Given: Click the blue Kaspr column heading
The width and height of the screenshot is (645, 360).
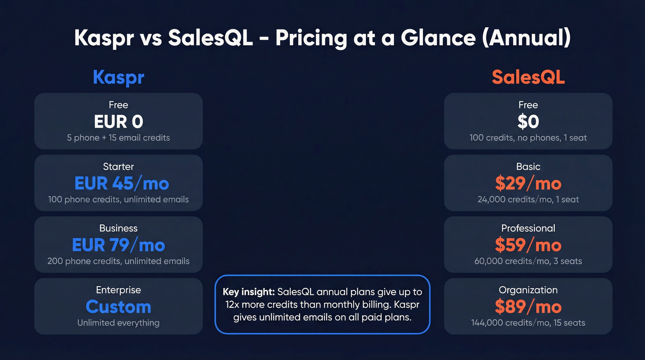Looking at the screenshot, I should coord(118,77).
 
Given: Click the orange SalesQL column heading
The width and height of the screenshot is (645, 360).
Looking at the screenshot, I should coord(528,77).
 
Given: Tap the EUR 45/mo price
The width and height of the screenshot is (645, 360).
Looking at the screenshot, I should coord(122,183).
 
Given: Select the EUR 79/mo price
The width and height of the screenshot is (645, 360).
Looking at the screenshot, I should coord(118,245).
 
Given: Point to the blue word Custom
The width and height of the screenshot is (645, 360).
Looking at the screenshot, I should coord(118,307).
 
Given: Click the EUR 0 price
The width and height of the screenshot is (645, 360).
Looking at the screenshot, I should coord(118,122).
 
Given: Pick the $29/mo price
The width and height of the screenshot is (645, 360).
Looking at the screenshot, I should coord(528,183).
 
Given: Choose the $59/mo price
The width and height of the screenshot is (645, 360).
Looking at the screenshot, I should coord(528,245).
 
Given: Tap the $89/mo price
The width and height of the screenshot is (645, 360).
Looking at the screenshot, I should coord(528,307).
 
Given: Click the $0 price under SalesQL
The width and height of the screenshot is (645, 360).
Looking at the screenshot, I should coord(528,122).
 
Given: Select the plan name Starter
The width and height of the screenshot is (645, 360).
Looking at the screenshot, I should coord(118,166).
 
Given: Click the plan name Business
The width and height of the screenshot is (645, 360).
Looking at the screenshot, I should coord(118,228).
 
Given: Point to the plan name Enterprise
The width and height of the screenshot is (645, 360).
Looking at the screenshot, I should coord(118,290).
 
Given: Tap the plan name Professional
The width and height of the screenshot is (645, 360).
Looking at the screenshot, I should coord(528,228).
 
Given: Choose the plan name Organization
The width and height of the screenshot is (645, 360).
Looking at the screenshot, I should coord(528,290).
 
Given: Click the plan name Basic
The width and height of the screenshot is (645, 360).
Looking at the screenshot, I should coord(528,166).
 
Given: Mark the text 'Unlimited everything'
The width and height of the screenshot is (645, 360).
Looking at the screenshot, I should coord(118,323).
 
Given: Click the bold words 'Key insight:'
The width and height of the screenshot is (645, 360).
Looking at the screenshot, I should coord(248,292).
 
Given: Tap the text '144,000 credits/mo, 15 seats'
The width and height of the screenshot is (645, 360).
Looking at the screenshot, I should coord(528,323).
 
